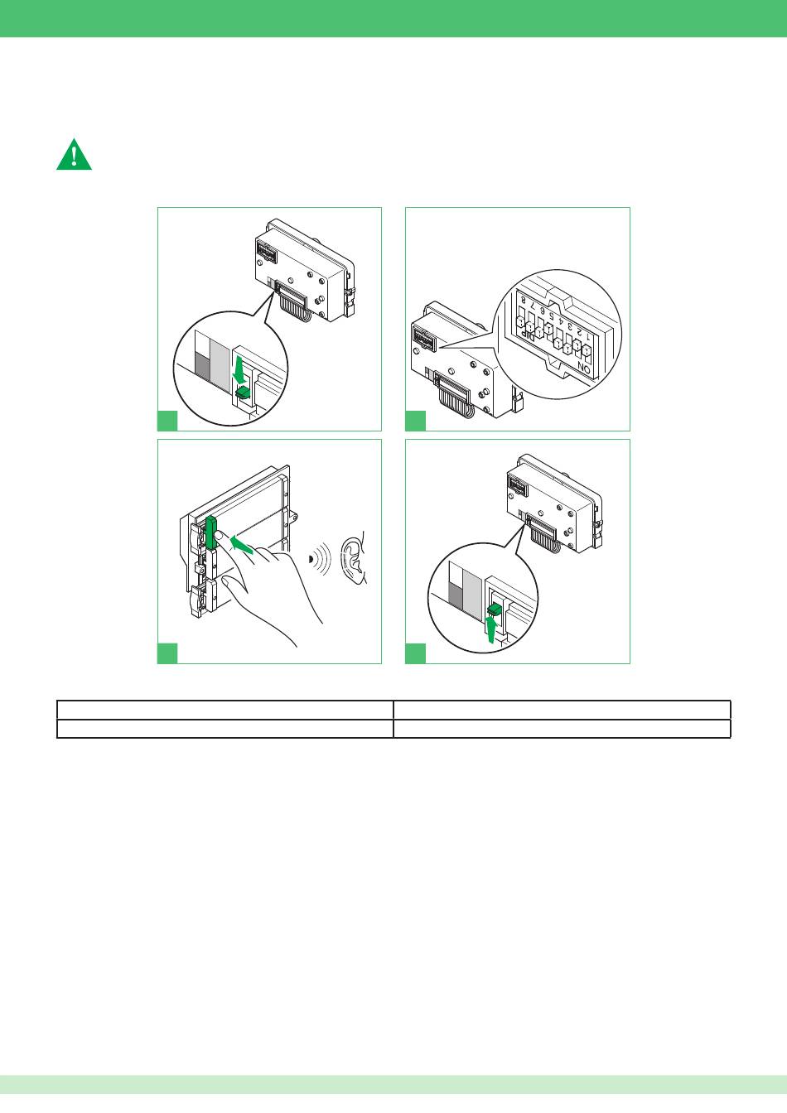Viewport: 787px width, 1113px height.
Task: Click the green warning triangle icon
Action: point(74,156)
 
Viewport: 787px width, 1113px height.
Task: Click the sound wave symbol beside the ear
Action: point(321,559)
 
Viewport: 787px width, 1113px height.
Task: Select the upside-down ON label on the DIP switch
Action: point(584,369)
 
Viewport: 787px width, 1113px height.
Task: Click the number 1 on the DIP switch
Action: point(588,336)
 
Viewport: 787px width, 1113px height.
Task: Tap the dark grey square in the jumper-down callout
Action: point(202,364)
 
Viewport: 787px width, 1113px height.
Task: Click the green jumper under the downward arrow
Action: point(243,393)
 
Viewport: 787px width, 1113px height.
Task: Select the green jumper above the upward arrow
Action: point(495,609)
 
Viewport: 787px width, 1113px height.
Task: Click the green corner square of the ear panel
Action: point(167,653)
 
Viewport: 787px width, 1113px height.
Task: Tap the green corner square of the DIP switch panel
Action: point(416,421)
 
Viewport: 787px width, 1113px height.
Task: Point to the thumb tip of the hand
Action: point(225,581)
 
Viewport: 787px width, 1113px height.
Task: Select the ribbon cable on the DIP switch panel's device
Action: point(453,397)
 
